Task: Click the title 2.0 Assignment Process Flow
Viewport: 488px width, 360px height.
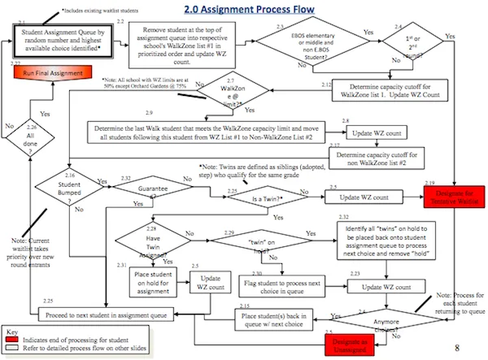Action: point(246,11)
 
